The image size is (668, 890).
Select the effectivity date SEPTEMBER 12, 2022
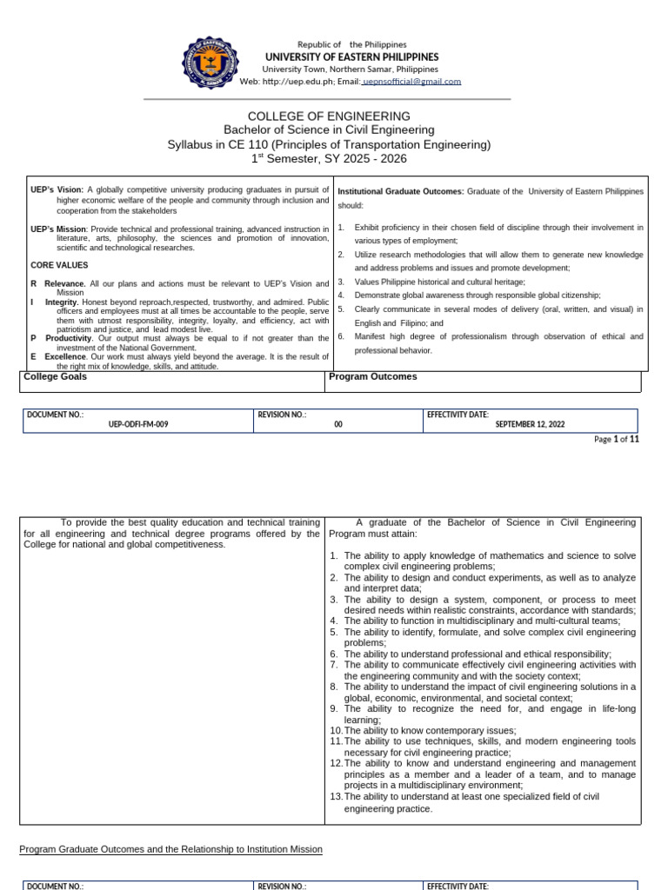point(530,425)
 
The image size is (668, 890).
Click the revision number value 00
point(338,425)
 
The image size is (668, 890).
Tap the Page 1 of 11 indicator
point(617,440)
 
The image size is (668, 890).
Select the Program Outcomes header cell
point(373,377)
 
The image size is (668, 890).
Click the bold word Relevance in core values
point(65,283)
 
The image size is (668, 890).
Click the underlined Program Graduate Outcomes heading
point(170,849)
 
